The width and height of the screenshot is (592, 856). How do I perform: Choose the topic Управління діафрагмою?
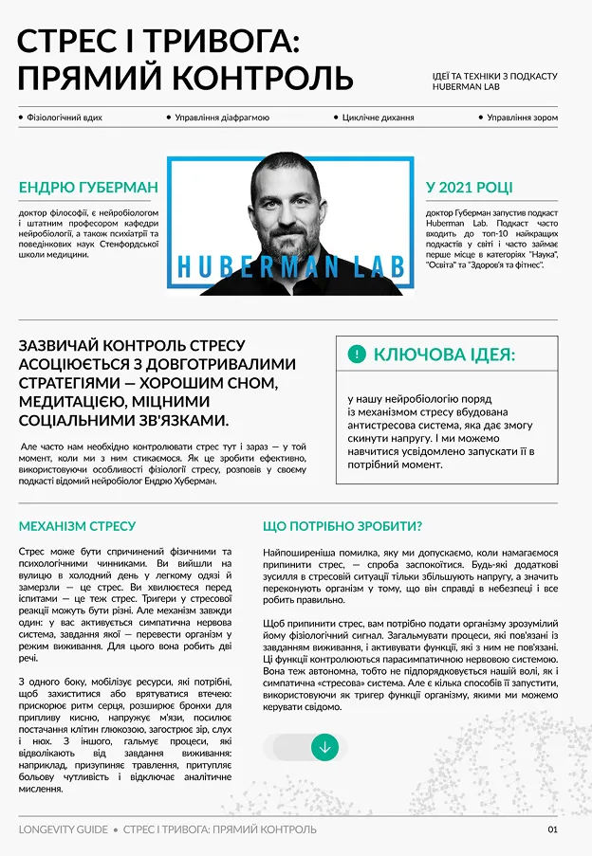[x=222, y=118]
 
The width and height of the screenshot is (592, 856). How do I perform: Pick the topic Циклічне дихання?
[x=378, y=118]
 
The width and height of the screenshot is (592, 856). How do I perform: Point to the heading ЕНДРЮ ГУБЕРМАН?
[x=88, y=188]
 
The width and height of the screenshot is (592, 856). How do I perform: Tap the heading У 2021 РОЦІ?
[x=469, y=188]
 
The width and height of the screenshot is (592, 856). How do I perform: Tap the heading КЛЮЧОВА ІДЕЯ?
[x=444, y=355]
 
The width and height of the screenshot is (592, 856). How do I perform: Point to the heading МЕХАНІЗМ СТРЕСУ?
[x=77, y=526]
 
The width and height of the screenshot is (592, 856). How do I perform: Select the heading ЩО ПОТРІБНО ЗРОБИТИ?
[x=342, y=526]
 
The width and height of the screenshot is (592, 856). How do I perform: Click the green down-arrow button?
[x=324, y=747]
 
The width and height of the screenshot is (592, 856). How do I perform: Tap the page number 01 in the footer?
[x=552, y=829]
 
